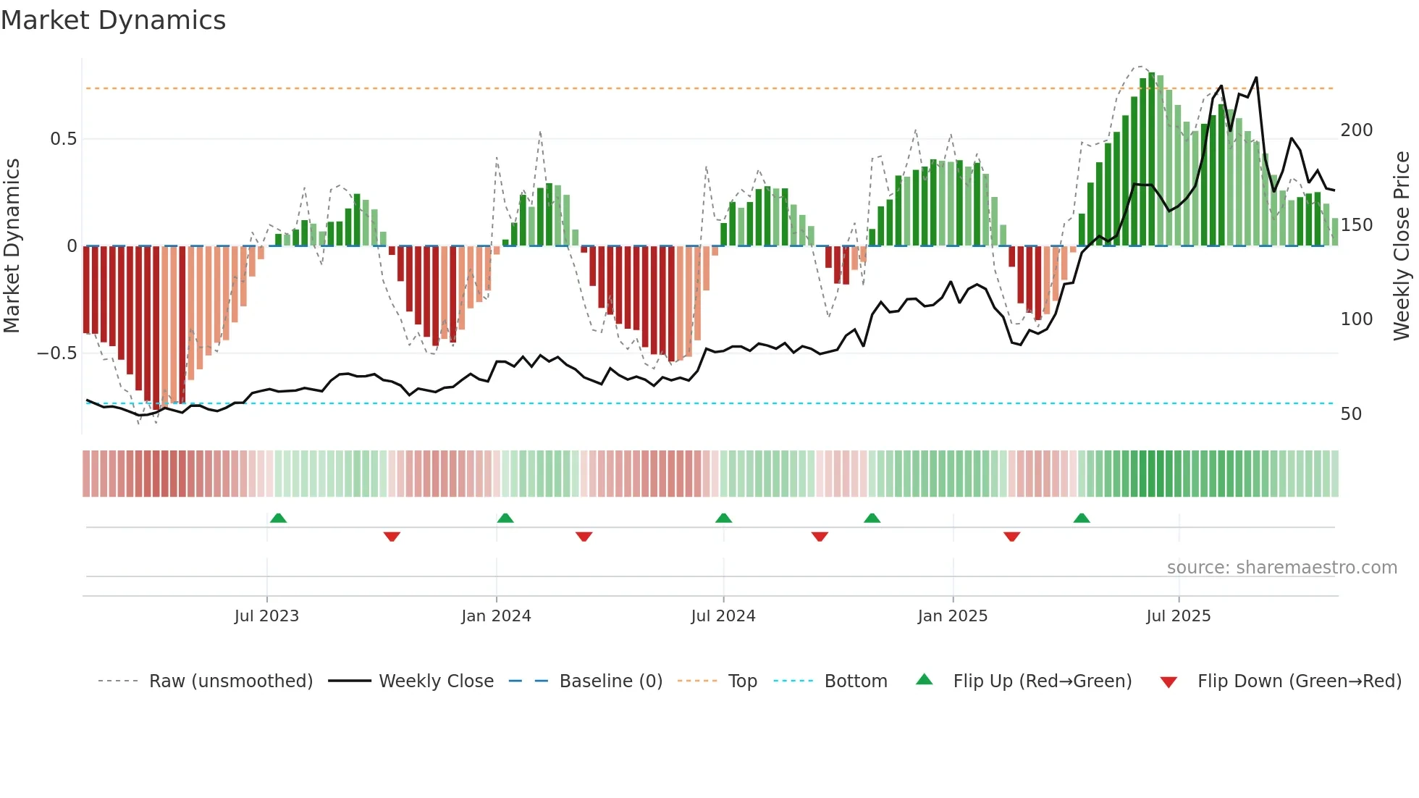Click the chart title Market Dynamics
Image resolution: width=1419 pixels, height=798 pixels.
[x=113, y=20]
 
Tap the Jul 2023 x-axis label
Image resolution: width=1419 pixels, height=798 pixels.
[x=266, y=616]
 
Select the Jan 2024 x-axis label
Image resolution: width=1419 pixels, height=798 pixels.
[x=496, y=616]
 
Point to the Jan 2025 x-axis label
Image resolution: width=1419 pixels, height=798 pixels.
[x=952, y=616]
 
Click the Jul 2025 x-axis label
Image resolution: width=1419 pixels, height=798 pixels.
[x=1178, y=616]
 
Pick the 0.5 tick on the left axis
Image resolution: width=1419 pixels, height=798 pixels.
[x=63, y=139]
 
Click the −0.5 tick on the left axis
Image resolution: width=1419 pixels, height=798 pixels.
[x=57, y=353]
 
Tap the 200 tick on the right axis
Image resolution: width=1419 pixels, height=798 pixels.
[x=1356, y=130]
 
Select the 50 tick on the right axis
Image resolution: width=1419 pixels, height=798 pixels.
[x=1351, y=414]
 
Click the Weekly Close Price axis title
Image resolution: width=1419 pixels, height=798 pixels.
[x=1402, y=245]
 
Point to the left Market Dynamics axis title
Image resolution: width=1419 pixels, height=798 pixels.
[x=12, y=245]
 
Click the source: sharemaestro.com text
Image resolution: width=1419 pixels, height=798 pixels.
[x=1281, y=568]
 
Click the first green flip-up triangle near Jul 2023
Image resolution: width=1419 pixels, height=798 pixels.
[x=278, y=518]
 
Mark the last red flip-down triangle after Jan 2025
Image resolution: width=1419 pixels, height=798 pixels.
[x=1011, y=537]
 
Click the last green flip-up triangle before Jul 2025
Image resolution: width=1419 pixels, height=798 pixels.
[x=1082, y=518]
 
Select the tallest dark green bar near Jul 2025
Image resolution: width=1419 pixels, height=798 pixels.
[x=1151, y=159]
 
